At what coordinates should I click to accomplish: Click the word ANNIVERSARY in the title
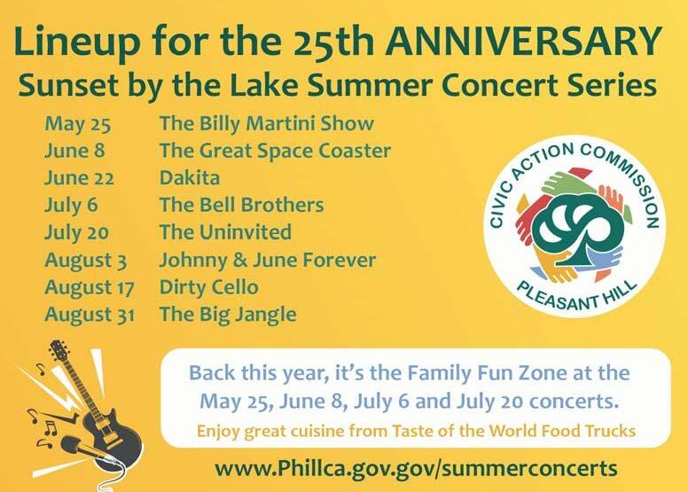point(524,41)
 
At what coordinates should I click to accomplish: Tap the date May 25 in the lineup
point(78,124)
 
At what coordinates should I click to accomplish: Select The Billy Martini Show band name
point(267,124)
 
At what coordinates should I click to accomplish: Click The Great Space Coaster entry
point(275,152)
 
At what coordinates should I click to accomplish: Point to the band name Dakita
point(190,178)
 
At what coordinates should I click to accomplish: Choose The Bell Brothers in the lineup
point(242,205)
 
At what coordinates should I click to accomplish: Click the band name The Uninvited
point(225,232)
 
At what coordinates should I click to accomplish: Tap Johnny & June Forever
point(268,260)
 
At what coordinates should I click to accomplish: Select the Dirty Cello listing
point(209,287)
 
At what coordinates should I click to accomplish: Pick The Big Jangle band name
point(228,315)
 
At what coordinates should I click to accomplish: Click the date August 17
point(90,287)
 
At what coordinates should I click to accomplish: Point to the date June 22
point(80,178)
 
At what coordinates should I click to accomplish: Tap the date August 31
point(90,315)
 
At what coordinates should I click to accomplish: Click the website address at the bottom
point(417,469)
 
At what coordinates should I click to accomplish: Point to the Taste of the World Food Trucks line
point(416,431)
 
